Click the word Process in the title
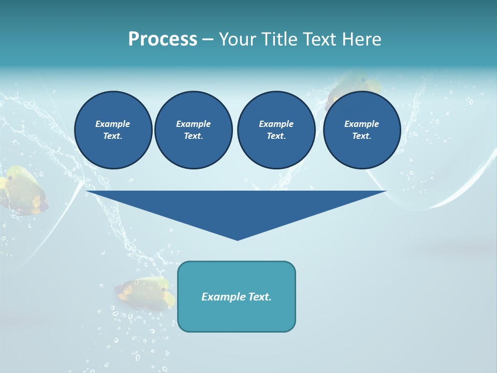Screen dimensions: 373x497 click(x=163, y=39)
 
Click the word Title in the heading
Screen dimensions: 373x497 click(x=279, y=39)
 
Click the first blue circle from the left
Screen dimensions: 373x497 click(x=113, y=130)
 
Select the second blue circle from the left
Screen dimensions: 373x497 click(x=193, y=130)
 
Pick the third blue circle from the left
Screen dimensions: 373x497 click(x=276, y=130)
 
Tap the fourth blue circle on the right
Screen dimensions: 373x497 click(x=361, y=130)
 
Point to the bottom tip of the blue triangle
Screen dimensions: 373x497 click(x=237, y=239)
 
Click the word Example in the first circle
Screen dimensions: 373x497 click(x=113, y=124)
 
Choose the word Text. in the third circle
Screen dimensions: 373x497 click(x=276, y=136)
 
